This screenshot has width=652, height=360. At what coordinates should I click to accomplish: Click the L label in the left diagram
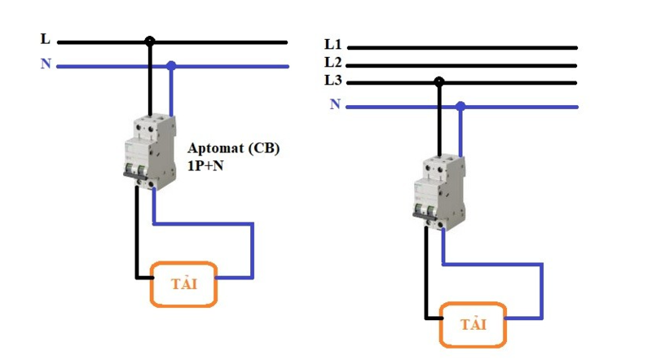pos(45,38)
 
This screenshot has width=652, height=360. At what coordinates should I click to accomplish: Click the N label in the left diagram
pos(46,63)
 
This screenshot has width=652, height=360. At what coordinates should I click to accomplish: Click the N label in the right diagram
pos(335,103)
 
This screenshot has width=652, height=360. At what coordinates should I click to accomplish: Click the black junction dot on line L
pos(149,41)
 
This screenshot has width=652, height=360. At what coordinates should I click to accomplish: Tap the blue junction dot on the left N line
pos(170,65)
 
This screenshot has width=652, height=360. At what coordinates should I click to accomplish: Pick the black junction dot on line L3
pos(439,82)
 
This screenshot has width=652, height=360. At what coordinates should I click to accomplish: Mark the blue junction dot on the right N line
pos(460,106)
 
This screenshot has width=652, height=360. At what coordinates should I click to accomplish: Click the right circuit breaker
pos(437,191)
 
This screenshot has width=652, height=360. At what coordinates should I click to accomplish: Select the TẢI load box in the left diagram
pos(184,284)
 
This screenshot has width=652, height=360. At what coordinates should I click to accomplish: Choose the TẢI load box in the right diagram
pos(473,324)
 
